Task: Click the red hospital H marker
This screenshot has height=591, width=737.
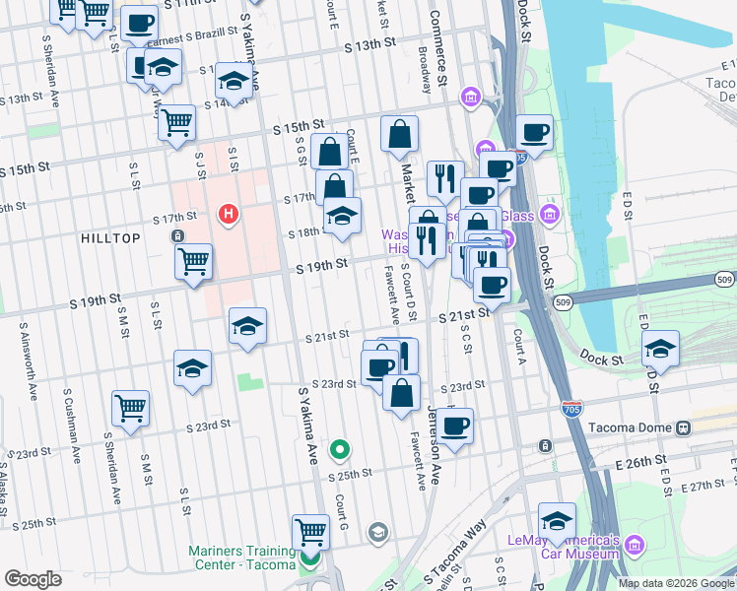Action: [229, 214]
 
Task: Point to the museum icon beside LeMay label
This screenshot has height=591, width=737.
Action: [634, 545]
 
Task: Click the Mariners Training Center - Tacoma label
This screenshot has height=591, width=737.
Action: [242, 558]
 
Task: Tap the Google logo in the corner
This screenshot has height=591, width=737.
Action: [33, 579]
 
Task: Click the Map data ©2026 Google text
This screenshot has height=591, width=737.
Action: [676, 583]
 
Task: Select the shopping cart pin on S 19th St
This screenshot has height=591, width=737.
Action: [193, 262]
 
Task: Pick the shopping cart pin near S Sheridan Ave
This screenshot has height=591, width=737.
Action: [130, 408]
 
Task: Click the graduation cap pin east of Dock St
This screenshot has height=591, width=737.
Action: [660, 349]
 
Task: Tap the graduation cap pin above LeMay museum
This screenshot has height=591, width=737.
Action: [557, 521]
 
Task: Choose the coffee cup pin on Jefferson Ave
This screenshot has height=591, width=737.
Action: [455, 426]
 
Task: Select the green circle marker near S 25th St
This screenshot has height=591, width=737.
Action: [340, 450]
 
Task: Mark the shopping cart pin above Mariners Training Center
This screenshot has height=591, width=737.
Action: [311, 532]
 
